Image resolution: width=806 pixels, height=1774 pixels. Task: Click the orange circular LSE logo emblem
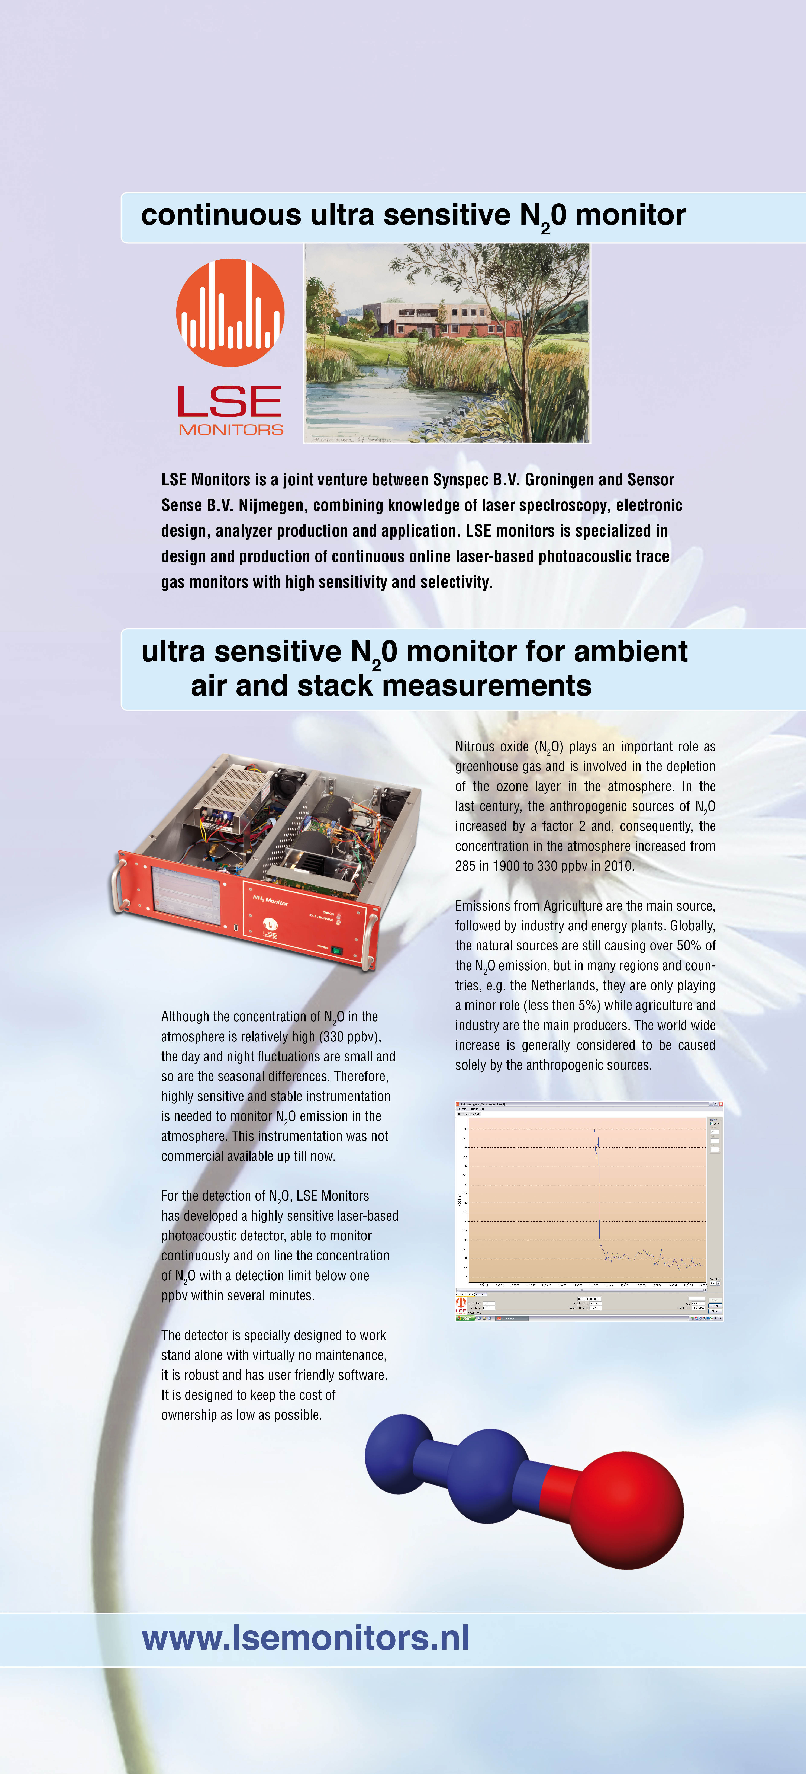point(230,312)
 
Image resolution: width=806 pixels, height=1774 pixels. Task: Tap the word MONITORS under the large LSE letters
point(230,430)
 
